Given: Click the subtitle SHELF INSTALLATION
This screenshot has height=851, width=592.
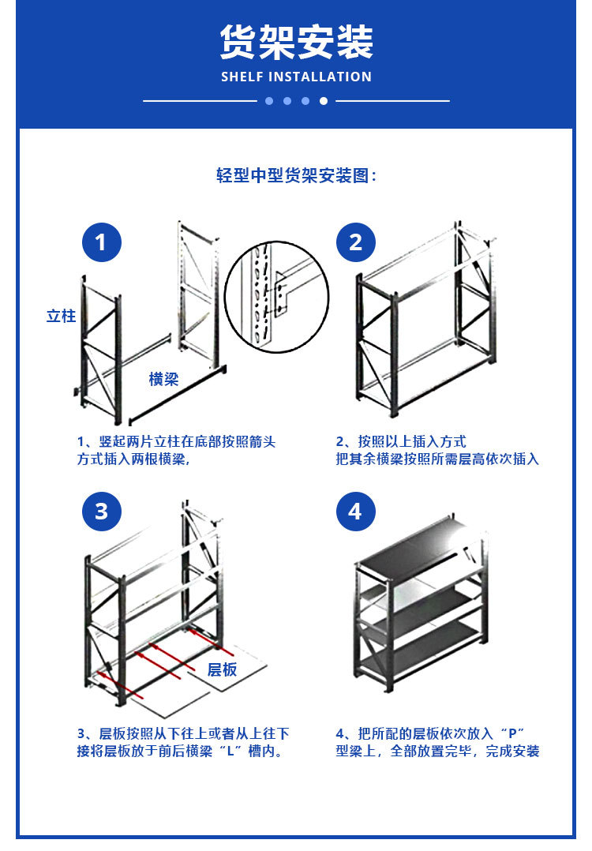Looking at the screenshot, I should [x=296, y=77].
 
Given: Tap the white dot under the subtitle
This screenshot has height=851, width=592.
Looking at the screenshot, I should [x=323, y=101].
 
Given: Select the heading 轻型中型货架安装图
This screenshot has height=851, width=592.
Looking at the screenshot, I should [x=296, y=175].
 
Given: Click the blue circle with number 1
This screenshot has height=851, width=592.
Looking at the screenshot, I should [x=102, y=242].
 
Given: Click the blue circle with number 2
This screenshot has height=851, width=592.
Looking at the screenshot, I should [x=355, y=242].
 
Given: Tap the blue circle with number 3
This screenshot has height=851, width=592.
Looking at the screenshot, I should [x=102, y=512].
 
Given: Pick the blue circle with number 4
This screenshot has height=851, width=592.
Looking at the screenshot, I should [x=355, y=512].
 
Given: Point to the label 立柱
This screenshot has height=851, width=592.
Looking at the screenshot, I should [x=61, y=316].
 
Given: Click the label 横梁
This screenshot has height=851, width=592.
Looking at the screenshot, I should [x=164, y=379].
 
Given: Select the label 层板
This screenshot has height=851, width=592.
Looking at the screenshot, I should [x=222, y=669].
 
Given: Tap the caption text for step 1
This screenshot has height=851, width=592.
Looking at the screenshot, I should [x=176, y=450].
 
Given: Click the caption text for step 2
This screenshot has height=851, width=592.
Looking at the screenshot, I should [x=437, y=450].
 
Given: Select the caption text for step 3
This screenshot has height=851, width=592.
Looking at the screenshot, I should [x=182, y=742].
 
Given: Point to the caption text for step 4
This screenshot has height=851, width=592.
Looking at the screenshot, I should [x=437, y=742].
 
